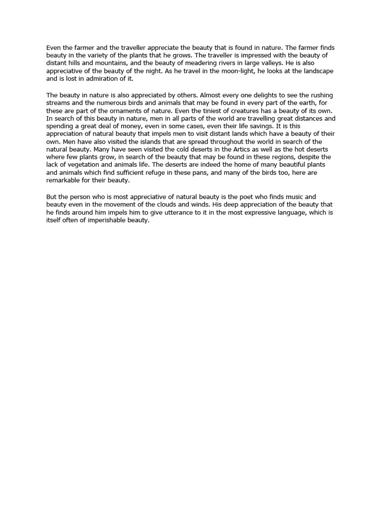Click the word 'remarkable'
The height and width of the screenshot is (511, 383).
pyautogui.click(x=63, y=181)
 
